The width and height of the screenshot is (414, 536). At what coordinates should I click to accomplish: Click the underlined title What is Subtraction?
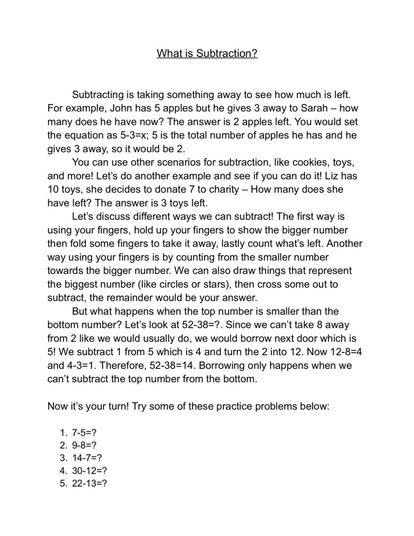tap(207, 53)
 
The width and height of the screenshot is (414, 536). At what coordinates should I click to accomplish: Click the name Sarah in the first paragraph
tap(314, 108)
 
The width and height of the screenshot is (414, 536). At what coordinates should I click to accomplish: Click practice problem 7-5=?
tap(84, 433)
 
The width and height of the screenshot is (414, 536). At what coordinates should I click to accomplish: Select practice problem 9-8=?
tap(84, 445)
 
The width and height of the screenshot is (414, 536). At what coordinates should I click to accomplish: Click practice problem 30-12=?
tap(89, 471)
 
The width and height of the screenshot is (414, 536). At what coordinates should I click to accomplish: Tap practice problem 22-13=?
tap(89, 484)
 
